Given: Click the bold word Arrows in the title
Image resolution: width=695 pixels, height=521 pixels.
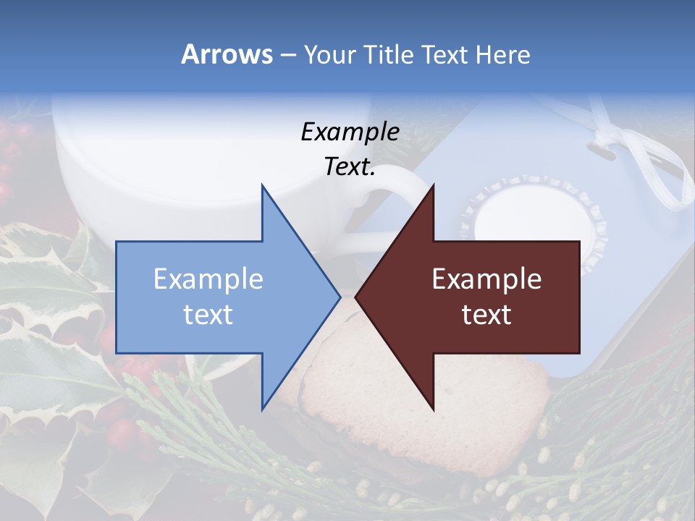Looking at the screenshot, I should tap(227, 55).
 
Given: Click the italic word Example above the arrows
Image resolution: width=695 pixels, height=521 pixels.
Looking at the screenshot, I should tap(350, 132).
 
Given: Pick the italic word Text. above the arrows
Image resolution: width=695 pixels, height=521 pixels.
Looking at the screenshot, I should tap(350, 167).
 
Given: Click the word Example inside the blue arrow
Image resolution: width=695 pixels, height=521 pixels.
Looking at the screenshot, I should tap(208, 279).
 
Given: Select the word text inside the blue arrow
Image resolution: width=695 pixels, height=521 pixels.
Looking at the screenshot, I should tap(208, 315).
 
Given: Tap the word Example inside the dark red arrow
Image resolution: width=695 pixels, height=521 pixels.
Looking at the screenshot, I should tap(486, 279).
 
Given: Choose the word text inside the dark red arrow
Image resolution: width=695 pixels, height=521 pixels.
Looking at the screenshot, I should tap(486, 315).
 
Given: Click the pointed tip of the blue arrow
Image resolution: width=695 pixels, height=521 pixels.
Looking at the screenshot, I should tap(340, 297).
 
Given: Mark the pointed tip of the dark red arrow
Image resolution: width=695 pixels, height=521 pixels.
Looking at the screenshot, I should tap(355, 297).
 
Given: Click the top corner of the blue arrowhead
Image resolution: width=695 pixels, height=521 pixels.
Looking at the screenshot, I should tap(262, 185).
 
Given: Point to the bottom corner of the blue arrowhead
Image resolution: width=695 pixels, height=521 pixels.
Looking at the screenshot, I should tap(262, 409).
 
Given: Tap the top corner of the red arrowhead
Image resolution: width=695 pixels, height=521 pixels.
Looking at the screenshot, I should tap(433, 185).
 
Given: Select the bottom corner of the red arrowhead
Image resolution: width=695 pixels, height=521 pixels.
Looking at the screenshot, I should tap(433, 409).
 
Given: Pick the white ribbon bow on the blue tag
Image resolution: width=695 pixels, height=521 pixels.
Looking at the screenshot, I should tap(637, 156).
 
